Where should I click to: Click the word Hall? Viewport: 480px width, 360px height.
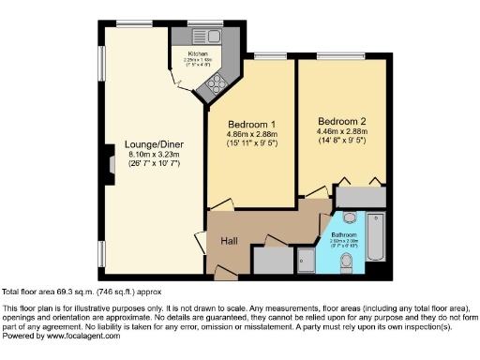(x=228, y=241)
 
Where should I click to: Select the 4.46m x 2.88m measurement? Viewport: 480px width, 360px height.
(x=341, y=132)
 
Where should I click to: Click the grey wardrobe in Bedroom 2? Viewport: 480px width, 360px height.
(x=360, y=197)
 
